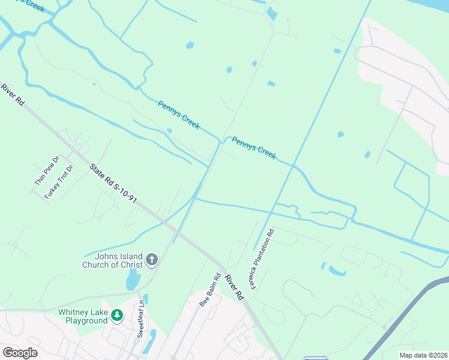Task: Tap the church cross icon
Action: pyautogui.click(x=152, y=260)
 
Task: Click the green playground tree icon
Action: pyautogui.click(x=118, y=314)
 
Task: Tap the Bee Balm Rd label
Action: pyautogui.click(x=209, y=290)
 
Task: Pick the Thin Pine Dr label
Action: pyautogui.click(x=46, y=170)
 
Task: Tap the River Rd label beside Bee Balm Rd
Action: pyautogui.click(x=234, y=287)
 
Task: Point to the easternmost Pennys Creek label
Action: pyautogui.click(x=254, y=148)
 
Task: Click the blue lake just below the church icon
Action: pyautogui.click(x=132, y=280)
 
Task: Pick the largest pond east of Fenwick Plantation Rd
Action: pyautogui.click(x=337, y=271)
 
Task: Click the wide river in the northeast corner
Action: pyautogui.click(x=432, y=7)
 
